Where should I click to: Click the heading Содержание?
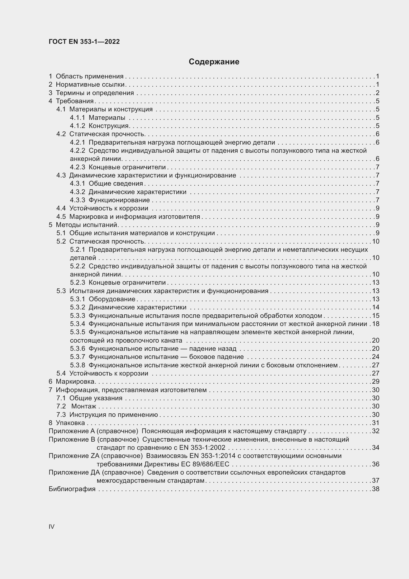pos(214,62)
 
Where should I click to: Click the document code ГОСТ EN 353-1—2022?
pos(84,42)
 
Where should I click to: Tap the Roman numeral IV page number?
pos(51,527)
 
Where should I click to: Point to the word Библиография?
pos(72,489)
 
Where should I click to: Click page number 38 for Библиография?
pos(376,489)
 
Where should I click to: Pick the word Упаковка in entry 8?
pos(70,423)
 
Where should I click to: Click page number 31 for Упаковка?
pos(376,423)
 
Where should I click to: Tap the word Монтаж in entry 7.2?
pos(84,406)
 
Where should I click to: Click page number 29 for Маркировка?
pos(376,381)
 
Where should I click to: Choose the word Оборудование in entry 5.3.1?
pos(112,299)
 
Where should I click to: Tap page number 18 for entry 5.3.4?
pos(376,324)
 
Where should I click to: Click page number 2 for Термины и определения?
pos(377,93)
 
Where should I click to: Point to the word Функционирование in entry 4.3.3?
pos(119,200)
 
